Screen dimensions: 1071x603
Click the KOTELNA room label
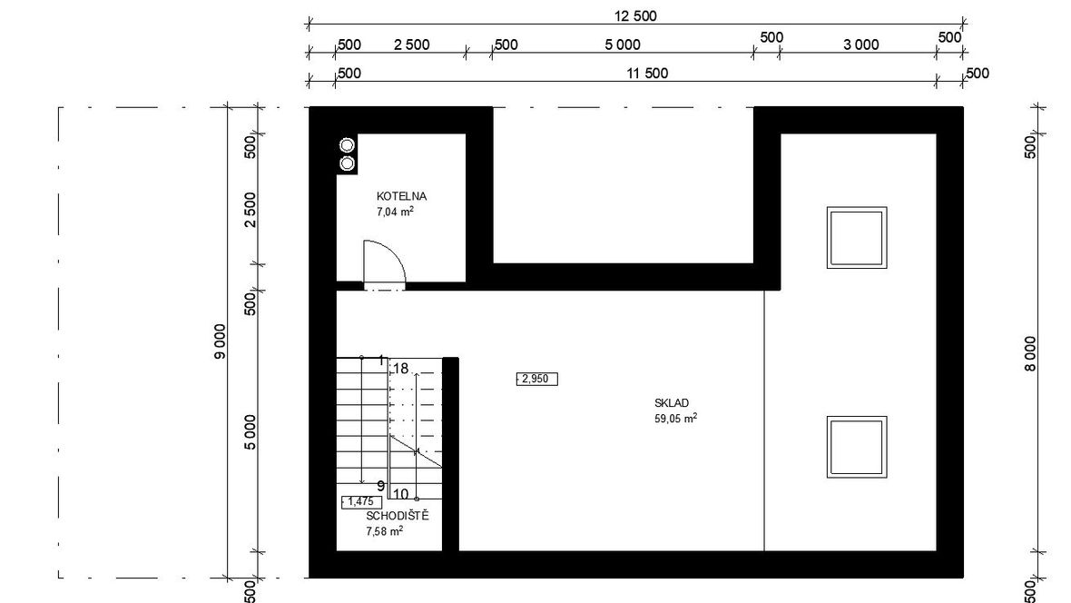(401, 196)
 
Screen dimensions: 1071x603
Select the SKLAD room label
(672, 403)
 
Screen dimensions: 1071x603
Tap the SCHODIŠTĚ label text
(398, 516)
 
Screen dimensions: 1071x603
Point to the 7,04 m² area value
(395, 212)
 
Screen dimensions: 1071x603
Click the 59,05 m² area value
(675, 419)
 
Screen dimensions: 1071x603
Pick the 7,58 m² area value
(385, 531)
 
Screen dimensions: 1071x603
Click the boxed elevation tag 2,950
(537, 379)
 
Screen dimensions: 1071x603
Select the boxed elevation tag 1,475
(361, 502)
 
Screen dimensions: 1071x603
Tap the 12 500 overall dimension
(635, 15)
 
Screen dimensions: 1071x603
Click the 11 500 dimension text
(647, 74)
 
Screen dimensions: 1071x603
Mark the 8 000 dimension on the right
(1030, 353)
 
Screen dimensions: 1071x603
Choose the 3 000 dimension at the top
(860, 44)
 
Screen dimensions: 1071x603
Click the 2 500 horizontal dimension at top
(412, 44)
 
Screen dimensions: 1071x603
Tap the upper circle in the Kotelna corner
(347, 145)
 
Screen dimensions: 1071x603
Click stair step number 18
(400, 369)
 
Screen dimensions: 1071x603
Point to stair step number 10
(400, 494)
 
